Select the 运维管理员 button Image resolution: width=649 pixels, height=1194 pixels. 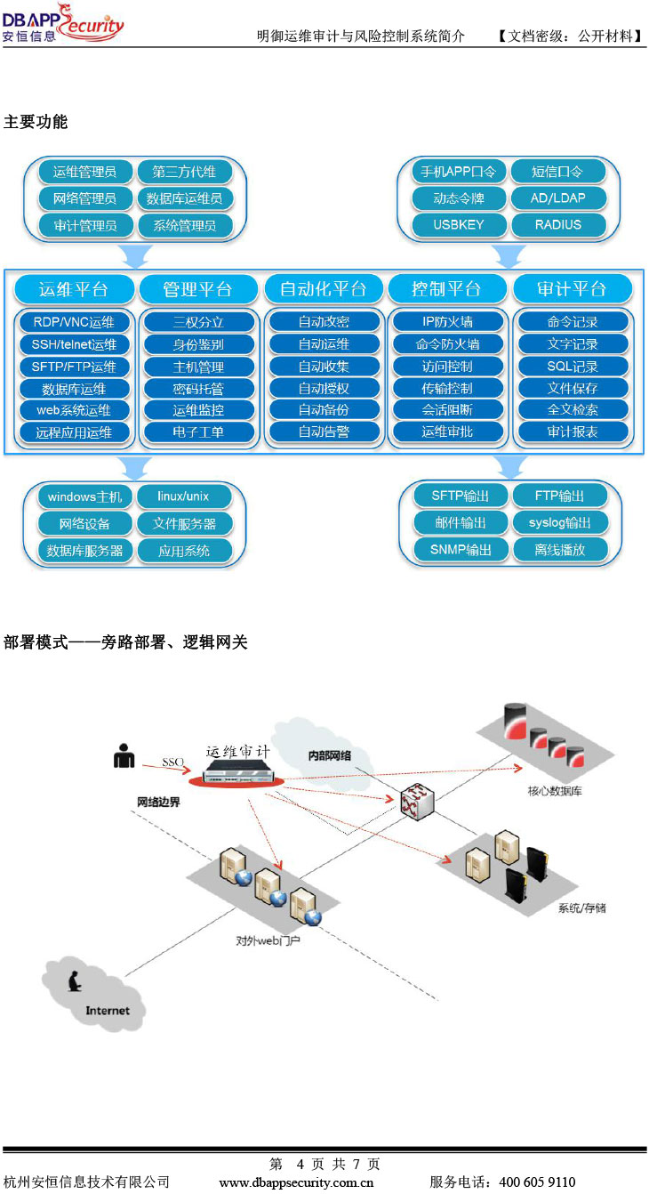tap(84, 172)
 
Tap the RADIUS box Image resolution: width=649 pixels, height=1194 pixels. tap(557, 224)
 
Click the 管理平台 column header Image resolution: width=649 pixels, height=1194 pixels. tap(197, 289)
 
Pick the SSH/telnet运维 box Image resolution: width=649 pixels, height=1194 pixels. tap(74, 344)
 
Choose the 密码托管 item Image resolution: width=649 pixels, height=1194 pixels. tap(197, 388)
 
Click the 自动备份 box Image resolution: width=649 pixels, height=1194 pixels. tap(323, 410)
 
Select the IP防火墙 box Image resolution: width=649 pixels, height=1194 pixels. tap(447, 322)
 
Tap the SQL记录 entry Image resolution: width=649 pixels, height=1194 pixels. tap(572, 366)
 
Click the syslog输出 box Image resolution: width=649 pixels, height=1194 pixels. tap(559, 522)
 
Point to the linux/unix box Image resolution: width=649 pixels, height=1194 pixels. tap(183, 496)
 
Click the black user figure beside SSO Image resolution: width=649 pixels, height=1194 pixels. tap(124, 755)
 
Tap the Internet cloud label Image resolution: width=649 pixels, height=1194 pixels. tap(108, 1010)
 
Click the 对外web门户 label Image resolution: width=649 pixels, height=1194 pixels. tap(268, 940)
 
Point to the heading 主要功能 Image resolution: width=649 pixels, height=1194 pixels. tap(36, 122)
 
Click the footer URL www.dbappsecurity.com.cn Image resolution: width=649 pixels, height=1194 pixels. tap(296, 1182)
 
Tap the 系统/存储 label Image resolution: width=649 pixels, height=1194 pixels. tap(581, 908)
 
